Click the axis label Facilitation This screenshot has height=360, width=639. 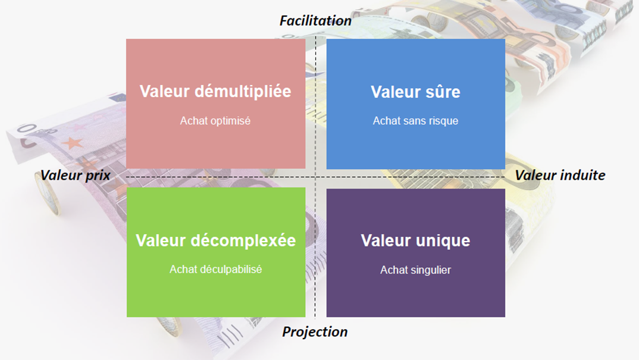point(315,21)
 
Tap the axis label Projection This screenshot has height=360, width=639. point(315,332)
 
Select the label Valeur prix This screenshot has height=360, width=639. point(76,176)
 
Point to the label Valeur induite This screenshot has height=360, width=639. point(560,176)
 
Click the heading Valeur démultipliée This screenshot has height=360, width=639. point(215,91)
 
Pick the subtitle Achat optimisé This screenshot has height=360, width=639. point(215,121)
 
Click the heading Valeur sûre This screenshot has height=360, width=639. point(415,92)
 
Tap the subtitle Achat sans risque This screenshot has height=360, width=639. point(415,121)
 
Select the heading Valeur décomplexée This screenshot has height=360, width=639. point(215,240)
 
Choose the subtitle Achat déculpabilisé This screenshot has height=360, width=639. point(215,270)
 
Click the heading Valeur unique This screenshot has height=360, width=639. point(415,240)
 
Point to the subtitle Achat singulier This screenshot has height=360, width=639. point(415,270)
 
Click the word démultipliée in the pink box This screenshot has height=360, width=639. point(243,91)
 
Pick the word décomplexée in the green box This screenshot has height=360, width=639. point(243,240)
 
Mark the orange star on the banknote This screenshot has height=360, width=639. point(73,143)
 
